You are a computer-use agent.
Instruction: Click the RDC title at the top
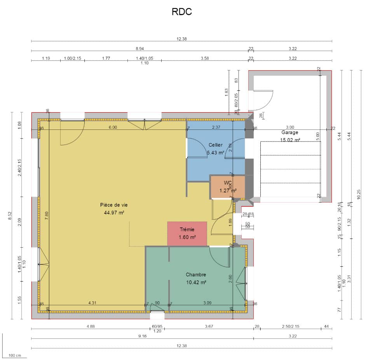click(x=181, y=12)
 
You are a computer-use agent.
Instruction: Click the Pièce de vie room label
click(x=114, y=204)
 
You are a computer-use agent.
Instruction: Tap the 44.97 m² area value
click(x=114, y=213)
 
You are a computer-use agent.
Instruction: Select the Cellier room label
click(x=216, y=145)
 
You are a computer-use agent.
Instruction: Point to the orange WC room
click(x=228, y=187)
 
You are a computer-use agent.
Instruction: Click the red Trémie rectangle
click(x=187, y=233)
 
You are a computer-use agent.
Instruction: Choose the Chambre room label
click(x=196, y=274)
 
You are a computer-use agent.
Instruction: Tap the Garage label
click(x=290, y=132)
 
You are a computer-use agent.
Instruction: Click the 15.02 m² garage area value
click(x=290, y=140)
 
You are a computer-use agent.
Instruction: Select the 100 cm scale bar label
click(x=15, y=355)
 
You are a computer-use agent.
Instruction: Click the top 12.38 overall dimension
click(x=181, y=38)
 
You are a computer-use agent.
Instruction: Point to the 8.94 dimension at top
click(x=139, y=49)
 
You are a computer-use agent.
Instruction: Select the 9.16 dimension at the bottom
click(x=142, y=336)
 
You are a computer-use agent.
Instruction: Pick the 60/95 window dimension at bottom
click(x=157, y=326)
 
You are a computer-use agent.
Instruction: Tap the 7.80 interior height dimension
click(x=47, y=216)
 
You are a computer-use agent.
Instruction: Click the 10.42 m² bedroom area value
click(x=196, y=283)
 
